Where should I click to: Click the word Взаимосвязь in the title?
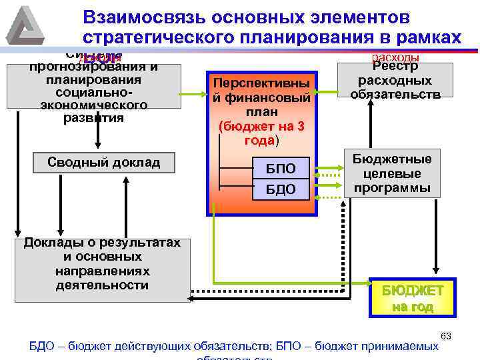coord(139,16)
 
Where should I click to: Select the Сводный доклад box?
coord(104,163)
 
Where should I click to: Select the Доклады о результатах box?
coord(102,263)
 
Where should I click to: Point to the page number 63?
coord(447,335)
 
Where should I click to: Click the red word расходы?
coord(395,57)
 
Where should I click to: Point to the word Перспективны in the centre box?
coord(261,83)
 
